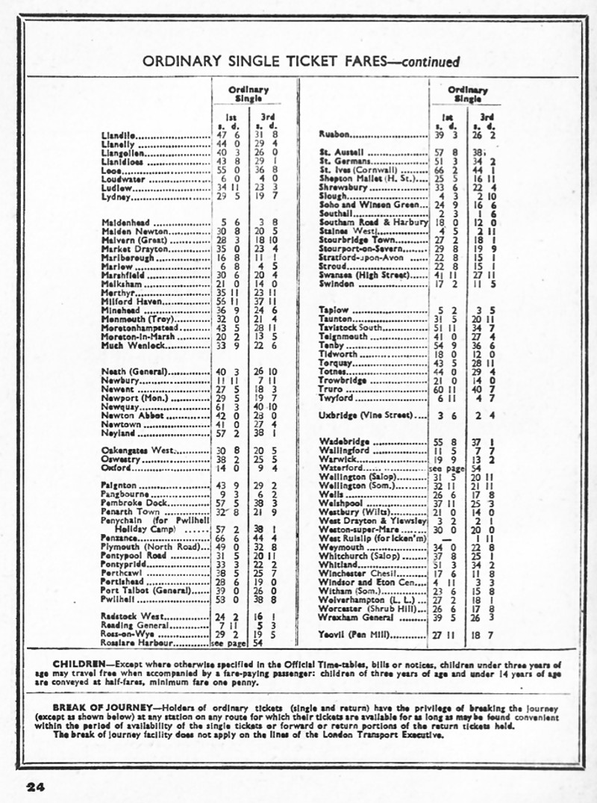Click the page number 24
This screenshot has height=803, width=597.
[x=36, y=786]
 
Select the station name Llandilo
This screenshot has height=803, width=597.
[x=118, y=135]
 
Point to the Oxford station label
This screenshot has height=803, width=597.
[x=116, y=468]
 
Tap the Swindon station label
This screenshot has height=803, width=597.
[x=337, y=285]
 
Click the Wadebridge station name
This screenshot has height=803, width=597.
[x=346, y=442]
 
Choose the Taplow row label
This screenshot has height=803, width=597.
[x=334, y=310]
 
